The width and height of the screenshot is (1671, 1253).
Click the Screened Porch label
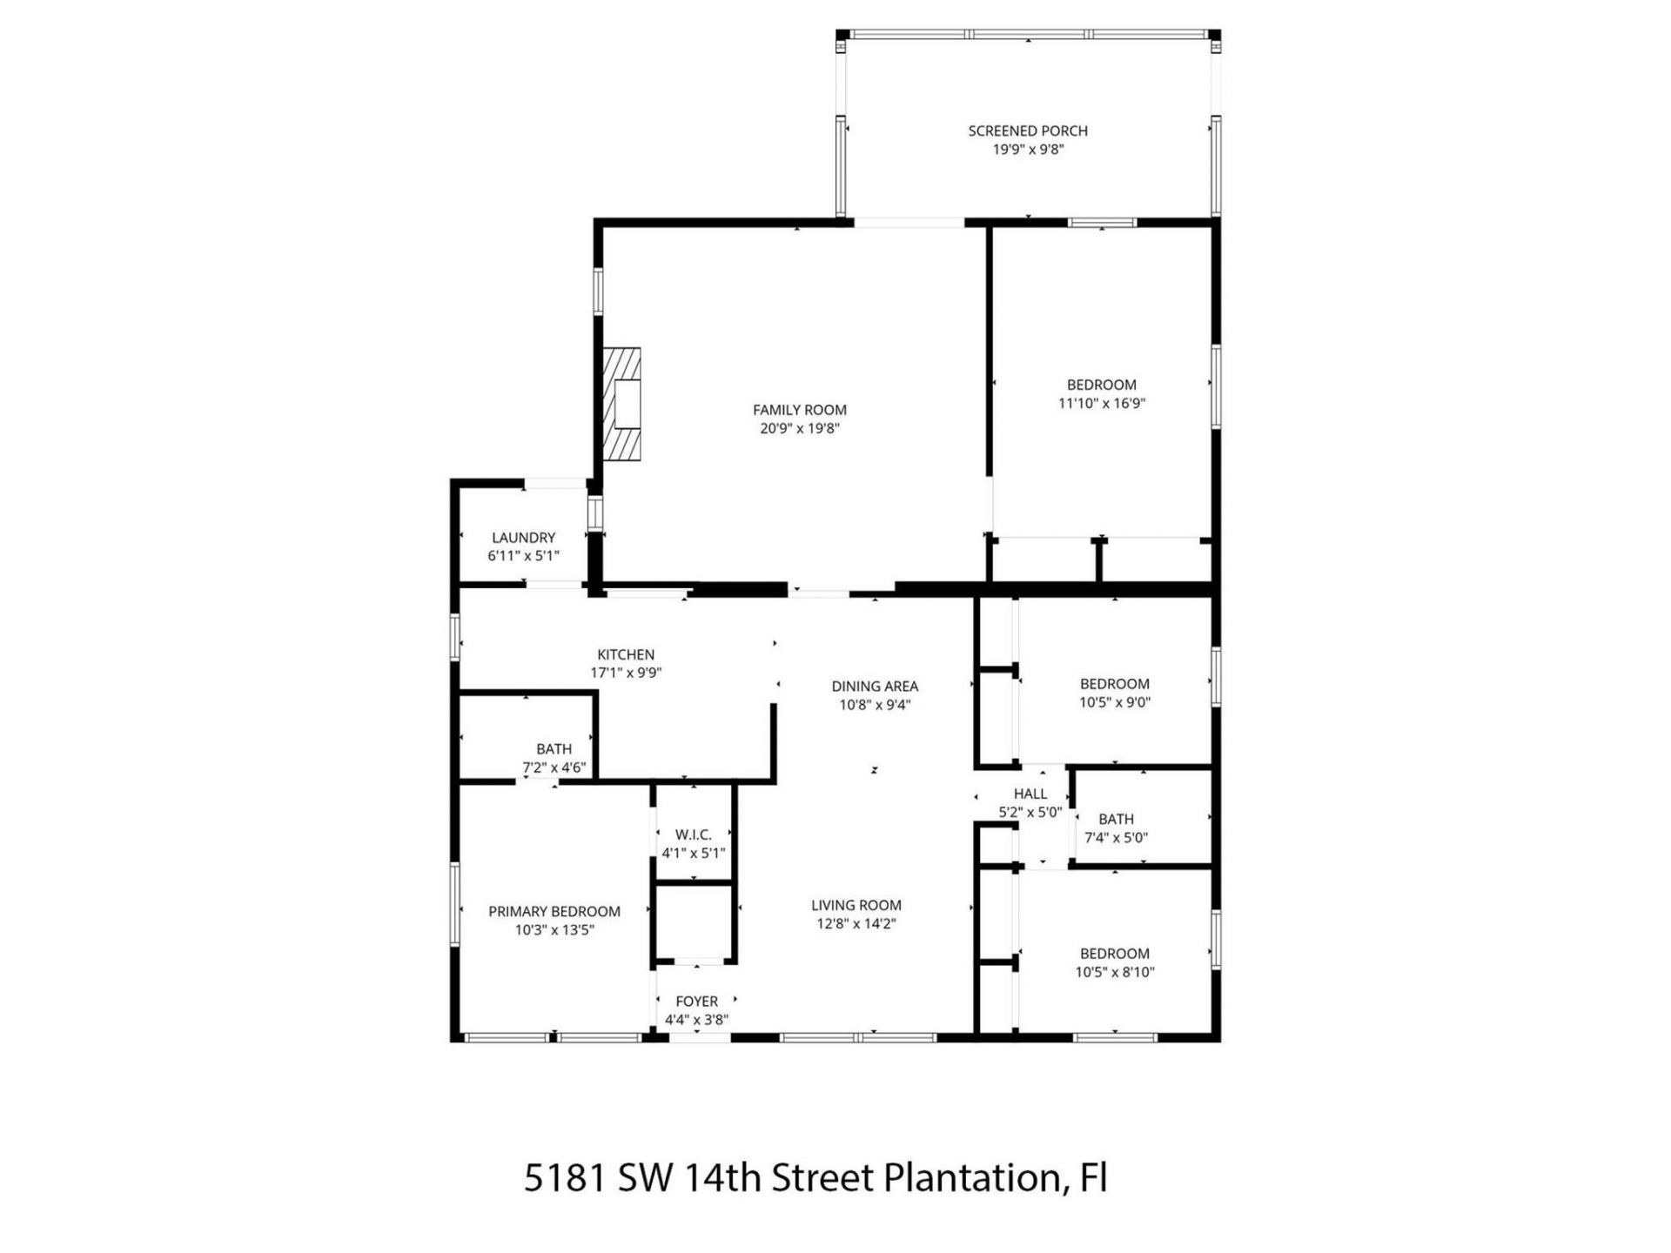(1028, 131)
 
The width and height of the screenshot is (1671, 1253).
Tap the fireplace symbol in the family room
(622, 404)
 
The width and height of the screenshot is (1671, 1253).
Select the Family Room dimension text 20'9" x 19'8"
(799, 428)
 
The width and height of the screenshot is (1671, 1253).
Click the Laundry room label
(523, 538)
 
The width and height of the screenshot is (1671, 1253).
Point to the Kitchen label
(626, 654)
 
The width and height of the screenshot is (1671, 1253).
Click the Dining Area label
(875, 687)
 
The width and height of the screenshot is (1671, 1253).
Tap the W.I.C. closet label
(693, 834)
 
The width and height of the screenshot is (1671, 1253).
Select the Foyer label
(696, 1002)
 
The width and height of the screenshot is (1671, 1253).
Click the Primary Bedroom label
(554, 911)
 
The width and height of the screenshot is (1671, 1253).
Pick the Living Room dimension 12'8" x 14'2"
(856, 924)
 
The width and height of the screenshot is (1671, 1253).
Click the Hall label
(1030, 794)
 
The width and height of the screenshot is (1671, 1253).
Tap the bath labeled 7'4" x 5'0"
(1116, 828)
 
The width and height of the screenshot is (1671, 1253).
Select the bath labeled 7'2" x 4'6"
(554, 758)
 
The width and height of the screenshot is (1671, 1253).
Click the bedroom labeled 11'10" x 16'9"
(1102, 393)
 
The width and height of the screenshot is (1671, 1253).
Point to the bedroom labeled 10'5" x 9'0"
(1115, 693)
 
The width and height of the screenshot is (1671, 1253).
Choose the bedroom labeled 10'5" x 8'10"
(1115, 962)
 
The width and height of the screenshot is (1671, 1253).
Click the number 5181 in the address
(564, 1178)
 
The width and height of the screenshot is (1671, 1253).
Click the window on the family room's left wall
(598, 291)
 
